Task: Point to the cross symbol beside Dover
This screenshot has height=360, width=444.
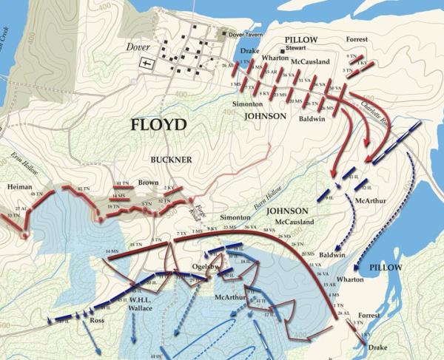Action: [x=146, y=64]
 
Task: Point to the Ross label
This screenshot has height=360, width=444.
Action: [x=97, y=322]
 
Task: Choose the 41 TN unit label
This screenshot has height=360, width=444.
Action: [x=122, y=183]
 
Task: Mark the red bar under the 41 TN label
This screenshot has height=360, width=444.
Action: [x=123, y=188]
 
